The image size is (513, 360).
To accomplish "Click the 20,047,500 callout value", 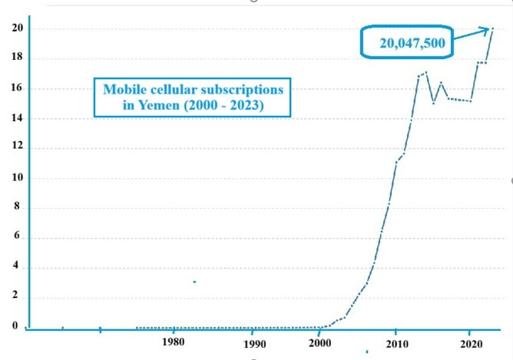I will pyautogui.click(x=412, y=45).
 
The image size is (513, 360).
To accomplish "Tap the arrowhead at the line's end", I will pyautogui.click(x=489, y=29).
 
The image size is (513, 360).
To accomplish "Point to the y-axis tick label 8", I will pyautogui.click(x=15, y=207).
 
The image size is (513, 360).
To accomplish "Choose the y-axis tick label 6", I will pyautogui.click(x=15, y=237).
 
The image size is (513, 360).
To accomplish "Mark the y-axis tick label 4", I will pyautogui.click(x=15, y=267).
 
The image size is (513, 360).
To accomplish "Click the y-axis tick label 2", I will pyautogui.click(x=15, y=297).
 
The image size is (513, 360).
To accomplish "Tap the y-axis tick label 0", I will pyautogui.click(x=15, y=326).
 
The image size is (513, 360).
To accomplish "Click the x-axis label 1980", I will pyautogui.click(x=174, y=342).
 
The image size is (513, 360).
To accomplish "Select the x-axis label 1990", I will pyautogui.click(x=254, y=345).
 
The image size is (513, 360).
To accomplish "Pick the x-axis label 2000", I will pyautogui.click(x=321, y=342).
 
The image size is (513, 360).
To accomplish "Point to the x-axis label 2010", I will pyautogui.click(x=396, y=342).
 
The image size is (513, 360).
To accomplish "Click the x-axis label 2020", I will pyautogui.click(x=470, y=342).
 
